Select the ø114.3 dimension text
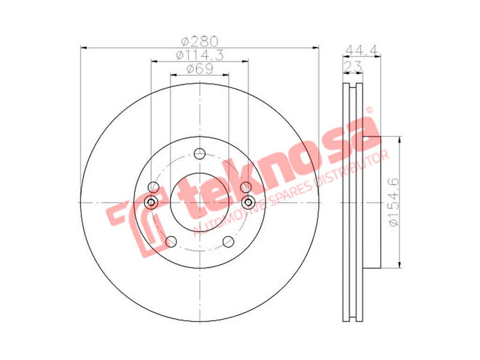point(199,55)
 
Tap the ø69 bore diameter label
point(199,69)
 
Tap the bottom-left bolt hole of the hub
point(171,242)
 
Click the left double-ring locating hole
point(152,202)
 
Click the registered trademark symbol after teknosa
point(370,110)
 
